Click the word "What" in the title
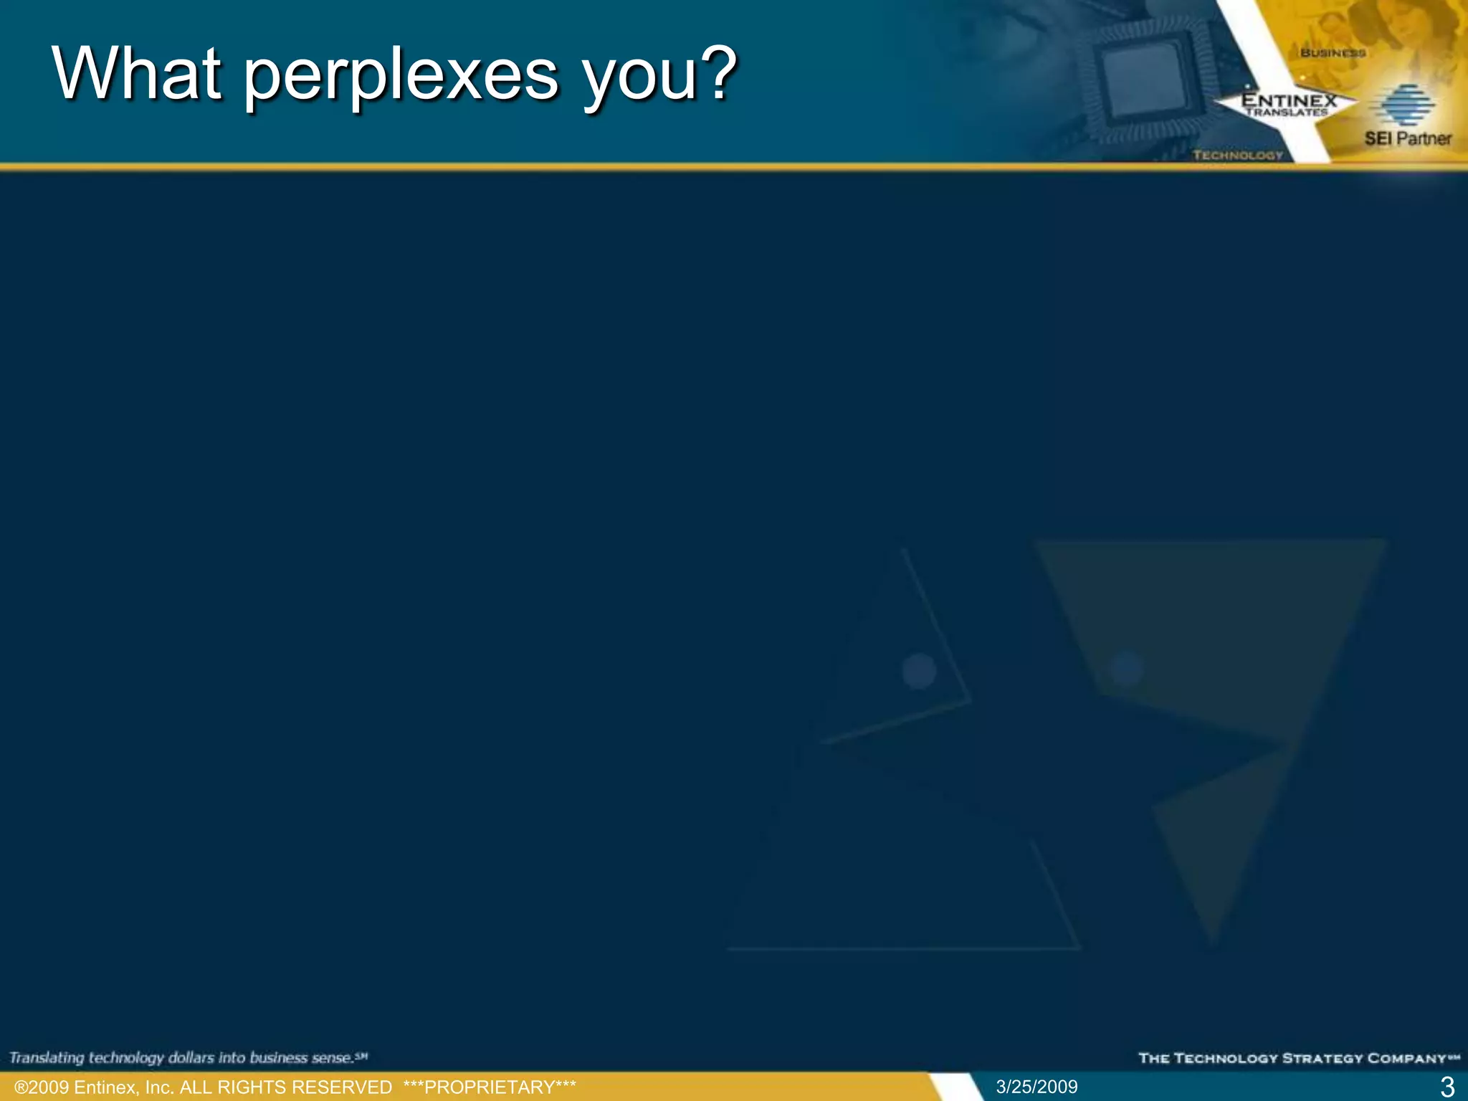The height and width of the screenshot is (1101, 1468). [x=136, y=74]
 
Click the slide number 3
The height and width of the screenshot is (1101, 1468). [x=1447, y=1087]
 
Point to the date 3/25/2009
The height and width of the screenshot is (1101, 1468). [x=1036, y=1087]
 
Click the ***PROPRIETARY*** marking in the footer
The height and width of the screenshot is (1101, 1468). [x=490, y=1087]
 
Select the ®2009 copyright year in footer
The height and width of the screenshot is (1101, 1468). [x=42, y=1087]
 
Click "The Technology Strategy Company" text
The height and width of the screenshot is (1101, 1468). [x=1298, y=1058]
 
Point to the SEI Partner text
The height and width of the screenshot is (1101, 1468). [x=1408, y=138]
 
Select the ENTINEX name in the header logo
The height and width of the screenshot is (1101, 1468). [x=1289, y=100]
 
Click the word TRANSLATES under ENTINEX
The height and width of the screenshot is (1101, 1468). [x=1286, y=113]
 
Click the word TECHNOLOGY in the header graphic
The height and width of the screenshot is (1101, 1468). [x=1238, y=155]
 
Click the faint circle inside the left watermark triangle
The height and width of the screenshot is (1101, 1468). [x=919, y=671]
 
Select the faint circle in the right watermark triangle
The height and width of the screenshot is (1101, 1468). [x=1126, y=669]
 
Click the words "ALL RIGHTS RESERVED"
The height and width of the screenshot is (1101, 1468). [x=286, y=1087]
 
